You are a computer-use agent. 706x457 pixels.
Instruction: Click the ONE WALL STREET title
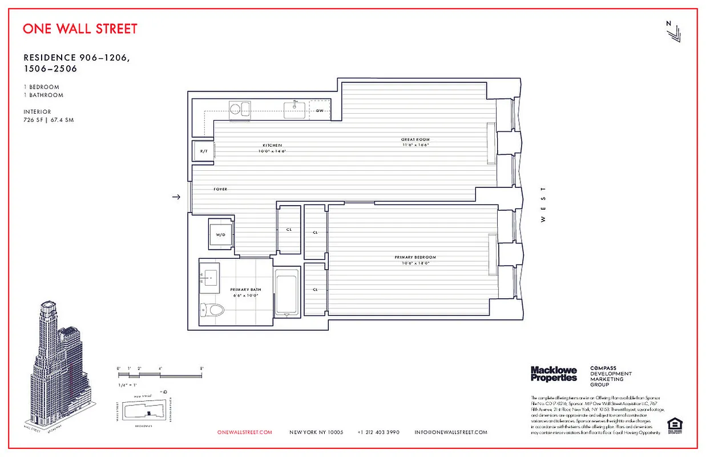point(80,29)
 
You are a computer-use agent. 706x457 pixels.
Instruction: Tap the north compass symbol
point(673,31)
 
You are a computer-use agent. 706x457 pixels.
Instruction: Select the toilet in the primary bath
point(213,310)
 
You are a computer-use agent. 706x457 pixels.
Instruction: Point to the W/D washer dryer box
point(220,235)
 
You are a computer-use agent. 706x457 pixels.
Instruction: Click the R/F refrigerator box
point(203,151)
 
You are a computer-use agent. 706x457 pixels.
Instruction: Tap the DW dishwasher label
point(320,111)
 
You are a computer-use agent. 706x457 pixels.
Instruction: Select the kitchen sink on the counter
point(295,110)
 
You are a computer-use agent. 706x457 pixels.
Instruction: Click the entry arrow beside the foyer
point(176,197)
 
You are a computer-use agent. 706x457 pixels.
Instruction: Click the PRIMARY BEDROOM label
point(415,258)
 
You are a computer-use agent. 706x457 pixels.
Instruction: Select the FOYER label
point(220,189)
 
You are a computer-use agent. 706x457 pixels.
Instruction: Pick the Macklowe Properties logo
point(553,374)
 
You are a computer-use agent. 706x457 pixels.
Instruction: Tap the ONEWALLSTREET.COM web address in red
point(245,432)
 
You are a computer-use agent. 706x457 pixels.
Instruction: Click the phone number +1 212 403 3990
point(378,432)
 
